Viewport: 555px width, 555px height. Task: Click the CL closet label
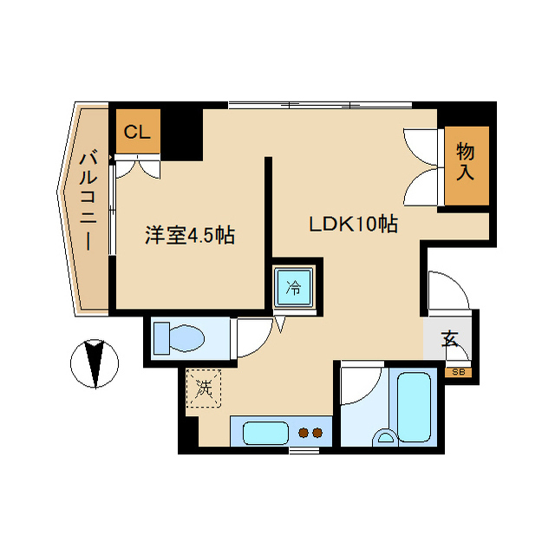point(137,133)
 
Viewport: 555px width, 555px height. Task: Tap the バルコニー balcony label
point(87,201)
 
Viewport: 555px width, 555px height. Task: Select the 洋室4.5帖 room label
point(190,234)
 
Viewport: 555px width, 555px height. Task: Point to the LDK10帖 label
point(354,225)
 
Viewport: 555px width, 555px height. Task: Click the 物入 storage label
point(466,162)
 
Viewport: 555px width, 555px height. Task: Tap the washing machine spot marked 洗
point(204,387)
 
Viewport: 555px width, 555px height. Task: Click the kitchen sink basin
point(264,431)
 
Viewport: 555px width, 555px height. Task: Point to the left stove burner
point(304,431)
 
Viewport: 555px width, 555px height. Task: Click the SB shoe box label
point(459,372)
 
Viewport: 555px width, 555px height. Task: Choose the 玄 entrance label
point(451,339)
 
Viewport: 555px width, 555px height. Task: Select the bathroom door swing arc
point(358,385)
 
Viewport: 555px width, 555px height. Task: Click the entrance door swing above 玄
point(448,290)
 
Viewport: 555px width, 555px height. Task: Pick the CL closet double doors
point(140,167)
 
